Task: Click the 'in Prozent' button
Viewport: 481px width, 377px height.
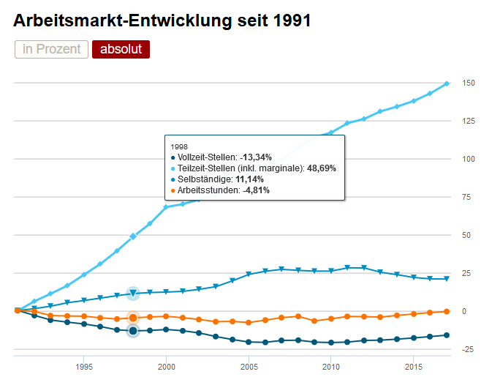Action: click(x=51, y=49)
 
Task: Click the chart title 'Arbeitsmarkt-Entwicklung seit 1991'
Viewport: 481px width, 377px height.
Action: click(x=162, y=20)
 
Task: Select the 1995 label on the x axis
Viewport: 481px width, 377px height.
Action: click(x=84, y=366)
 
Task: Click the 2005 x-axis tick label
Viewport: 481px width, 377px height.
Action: click(x=249, y=366)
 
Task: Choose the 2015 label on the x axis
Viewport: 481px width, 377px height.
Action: click(x=414, y=366)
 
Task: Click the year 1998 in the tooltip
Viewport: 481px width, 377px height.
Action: click(x=178, y=146)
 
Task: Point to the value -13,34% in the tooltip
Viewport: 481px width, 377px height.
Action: click(x=255, y=157)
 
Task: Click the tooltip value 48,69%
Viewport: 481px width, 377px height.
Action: click(x=321, y=168)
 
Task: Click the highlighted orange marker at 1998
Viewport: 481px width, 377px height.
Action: click(x=133, y=318)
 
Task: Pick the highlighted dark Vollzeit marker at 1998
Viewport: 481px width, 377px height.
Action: click(x=133, y=331)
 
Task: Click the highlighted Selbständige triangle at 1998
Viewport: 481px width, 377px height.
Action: click(x=133, y=294)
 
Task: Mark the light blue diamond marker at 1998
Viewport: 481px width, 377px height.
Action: click(x=133, y=236)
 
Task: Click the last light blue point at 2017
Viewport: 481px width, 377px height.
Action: click(x=447, y=83)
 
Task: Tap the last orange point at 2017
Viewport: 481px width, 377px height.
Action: click(x=447, y=311)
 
